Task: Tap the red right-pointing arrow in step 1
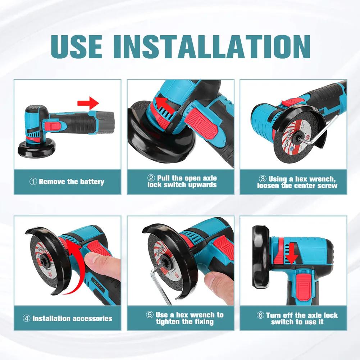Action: pos(88,103)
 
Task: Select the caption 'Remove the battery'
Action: pos(72,182)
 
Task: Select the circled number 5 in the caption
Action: pos(150,315)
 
